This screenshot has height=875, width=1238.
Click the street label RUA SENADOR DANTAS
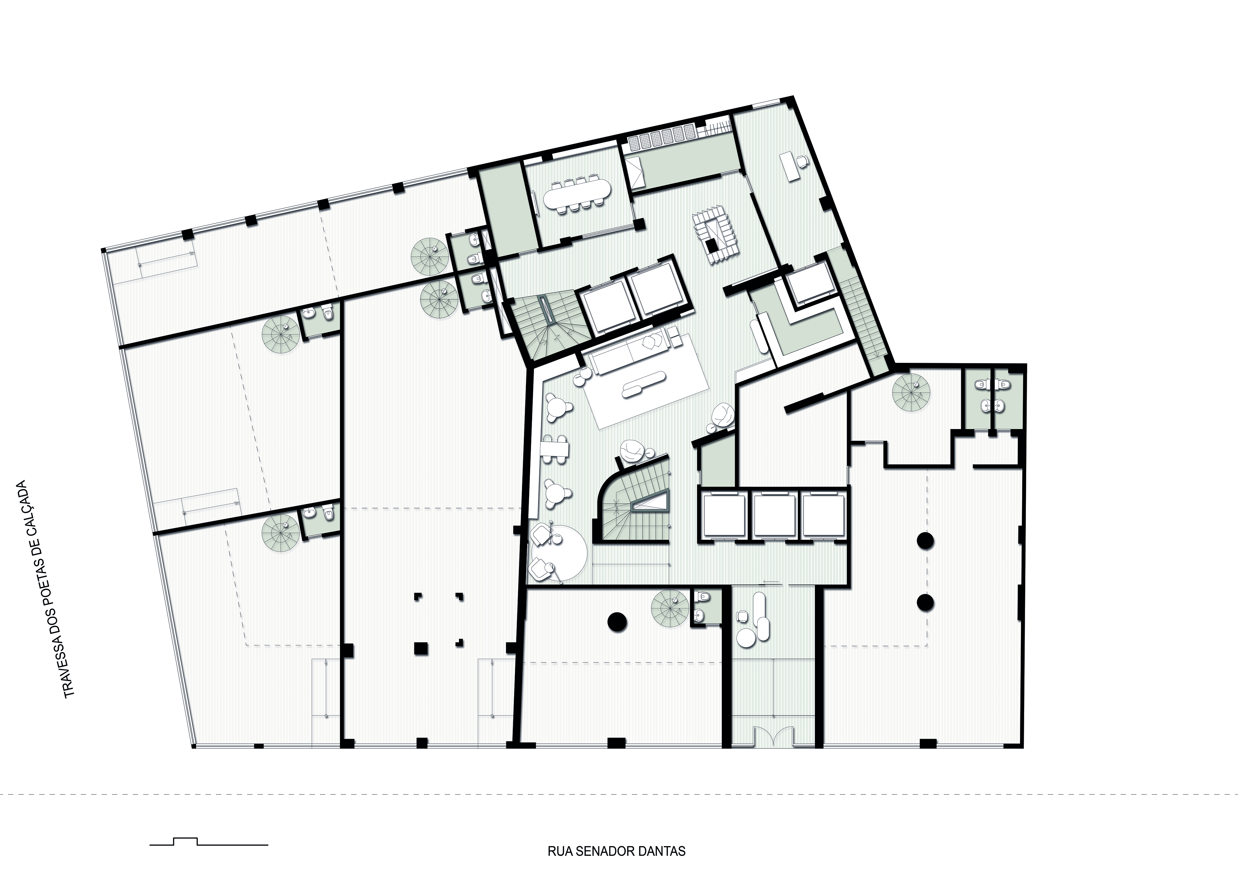pos(616,851)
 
